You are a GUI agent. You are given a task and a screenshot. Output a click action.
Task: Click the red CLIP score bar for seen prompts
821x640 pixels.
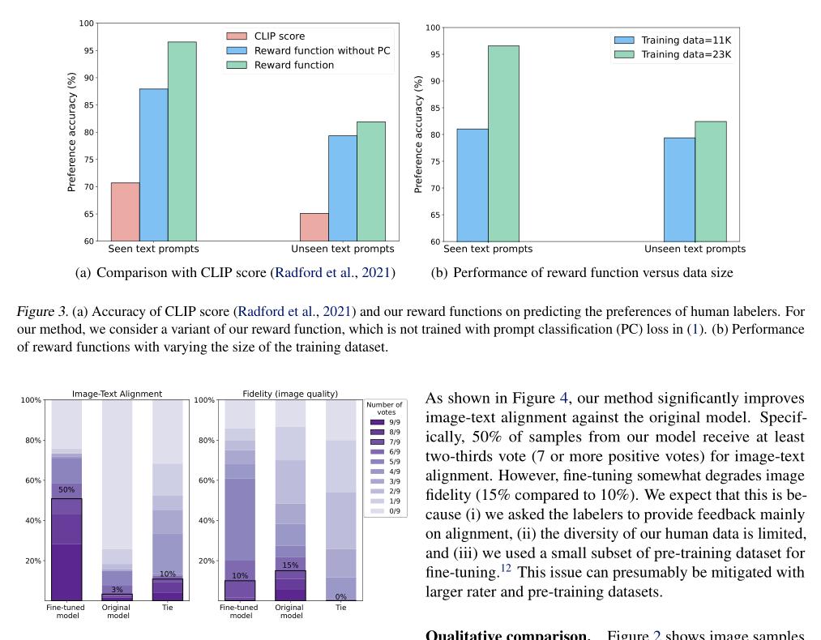click(125, 212)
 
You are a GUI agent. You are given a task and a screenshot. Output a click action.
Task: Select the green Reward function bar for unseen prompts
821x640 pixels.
click(371, 181)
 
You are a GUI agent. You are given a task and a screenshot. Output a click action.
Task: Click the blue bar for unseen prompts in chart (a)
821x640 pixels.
click(342, 188)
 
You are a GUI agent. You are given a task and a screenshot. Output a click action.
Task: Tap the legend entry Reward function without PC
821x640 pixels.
click(322, 51)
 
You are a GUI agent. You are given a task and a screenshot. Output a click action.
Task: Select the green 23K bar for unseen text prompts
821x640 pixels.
click(710, 181)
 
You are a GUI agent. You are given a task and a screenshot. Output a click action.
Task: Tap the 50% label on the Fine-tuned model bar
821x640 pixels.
click(66, 490)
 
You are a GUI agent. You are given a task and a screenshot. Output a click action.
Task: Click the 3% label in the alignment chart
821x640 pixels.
click(117, 590)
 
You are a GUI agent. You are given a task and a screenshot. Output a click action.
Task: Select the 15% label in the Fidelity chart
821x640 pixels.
click(290, 565)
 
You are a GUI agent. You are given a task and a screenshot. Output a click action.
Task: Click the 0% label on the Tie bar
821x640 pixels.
click(340, 596)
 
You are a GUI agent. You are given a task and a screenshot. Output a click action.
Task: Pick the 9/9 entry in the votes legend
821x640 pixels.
click(393, 421)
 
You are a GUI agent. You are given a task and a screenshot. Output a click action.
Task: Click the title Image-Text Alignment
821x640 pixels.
click(117, 395)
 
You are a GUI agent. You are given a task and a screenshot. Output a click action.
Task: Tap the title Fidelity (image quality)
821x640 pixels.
click(290, 395)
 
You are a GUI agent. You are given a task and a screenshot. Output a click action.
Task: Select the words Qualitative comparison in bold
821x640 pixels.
click(507, 634)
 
